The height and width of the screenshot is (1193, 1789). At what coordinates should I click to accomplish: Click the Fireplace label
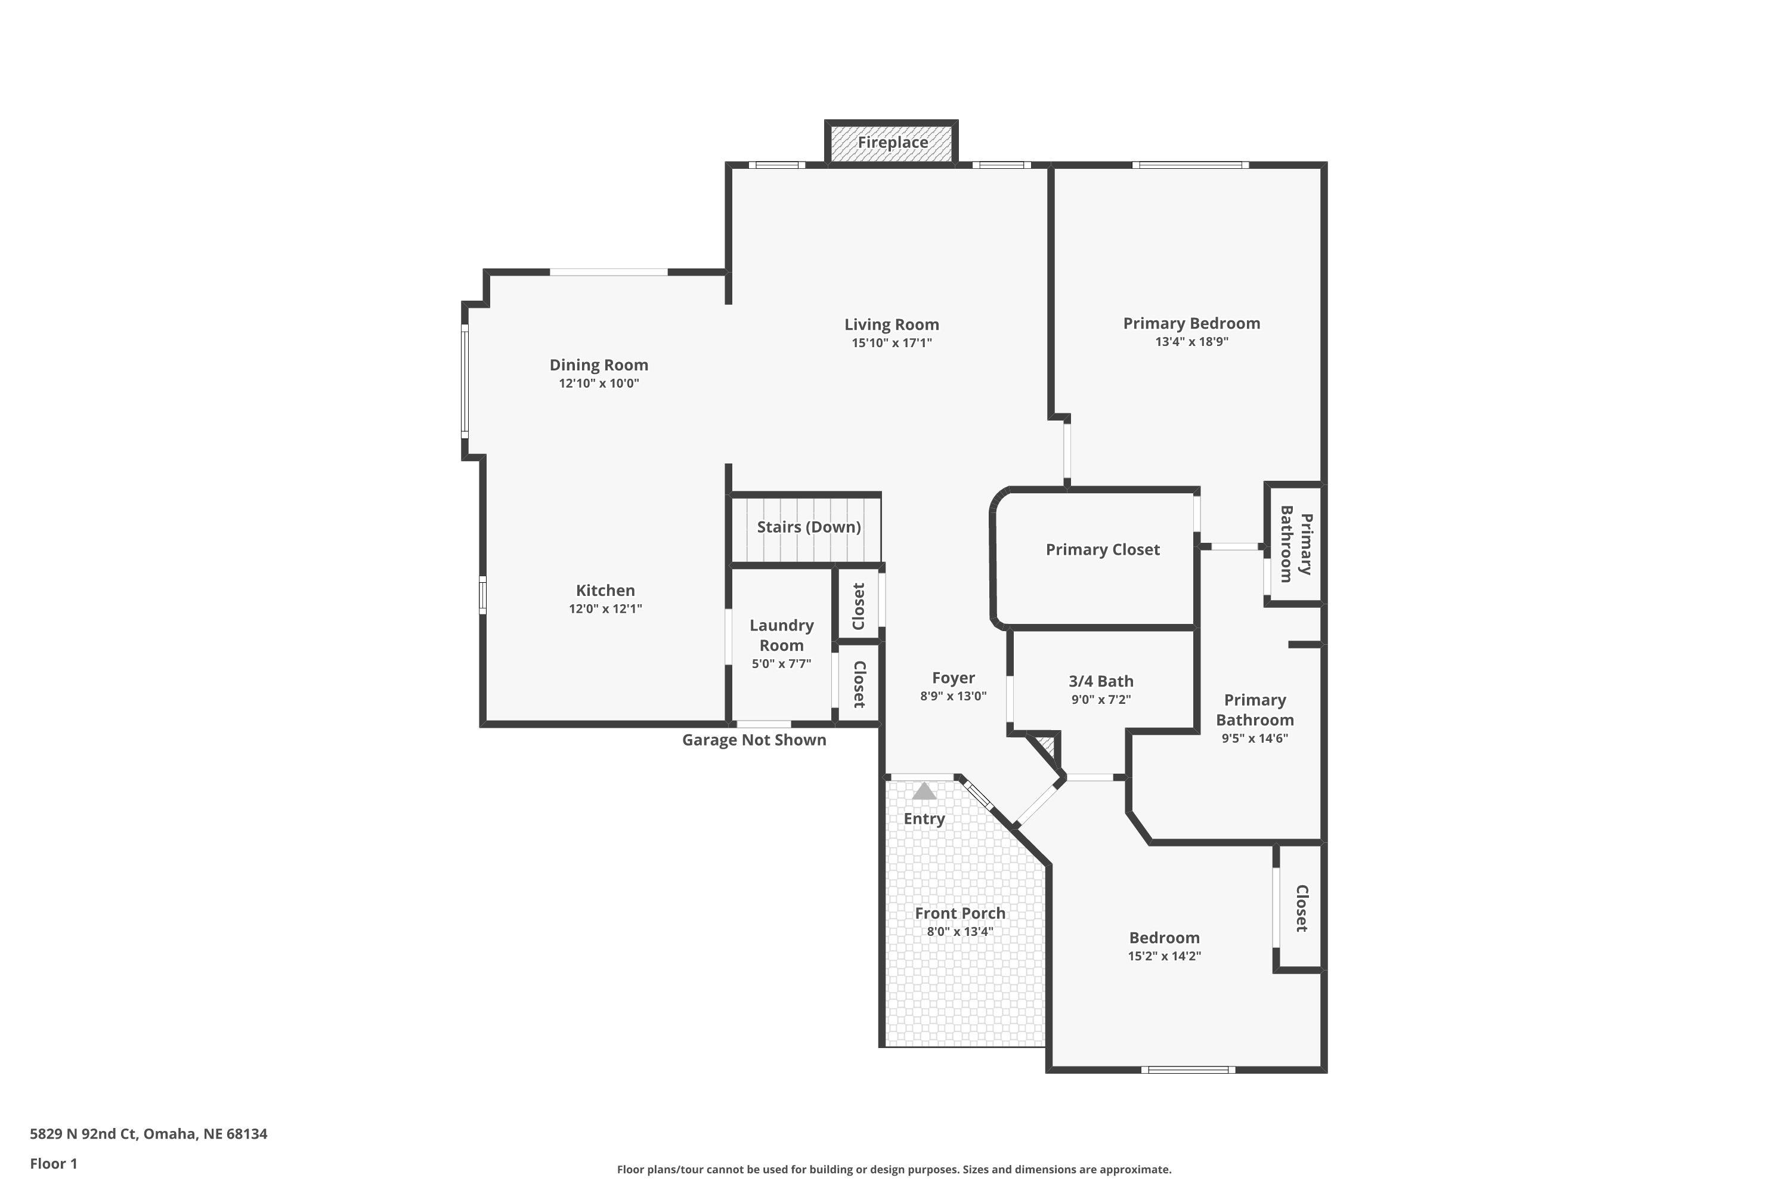coord(892,143)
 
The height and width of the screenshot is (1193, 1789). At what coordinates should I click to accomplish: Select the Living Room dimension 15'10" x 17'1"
coord(892,343)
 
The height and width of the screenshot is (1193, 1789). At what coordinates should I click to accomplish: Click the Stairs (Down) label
coord(809,527)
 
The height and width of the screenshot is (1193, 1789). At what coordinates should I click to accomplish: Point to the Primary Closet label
coord(1102,549)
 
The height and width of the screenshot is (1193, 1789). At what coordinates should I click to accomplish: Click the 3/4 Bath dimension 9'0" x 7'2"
coord(1101,700)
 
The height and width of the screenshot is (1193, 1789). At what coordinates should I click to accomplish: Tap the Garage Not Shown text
coord(754,740)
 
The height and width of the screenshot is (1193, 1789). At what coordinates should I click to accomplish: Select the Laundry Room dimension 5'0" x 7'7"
coord(781,663)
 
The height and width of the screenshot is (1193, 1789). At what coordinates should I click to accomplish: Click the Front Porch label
coord(960,913)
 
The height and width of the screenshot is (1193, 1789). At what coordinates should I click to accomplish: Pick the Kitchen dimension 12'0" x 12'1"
coord(605,608)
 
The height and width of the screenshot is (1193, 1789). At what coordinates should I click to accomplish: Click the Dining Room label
coord(599,364)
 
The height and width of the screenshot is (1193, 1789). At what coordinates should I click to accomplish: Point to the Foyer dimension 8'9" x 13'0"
coord(953,696)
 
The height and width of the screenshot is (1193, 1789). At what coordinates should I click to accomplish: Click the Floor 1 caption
coord(53,1163)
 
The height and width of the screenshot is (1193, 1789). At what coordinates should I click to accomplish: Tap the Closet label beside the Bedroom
coord(1301,908)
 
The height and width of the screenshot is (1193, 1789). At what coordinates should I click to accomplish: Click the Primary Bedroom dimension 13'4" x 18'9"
coord(1191,342)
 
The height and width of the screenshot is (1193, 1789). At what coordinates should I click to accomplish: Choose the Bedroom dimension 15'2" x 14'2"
coord(1164,956)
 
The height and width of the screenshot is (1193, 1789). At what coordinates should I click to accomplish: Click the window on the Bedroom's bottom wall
coord(1187,1070)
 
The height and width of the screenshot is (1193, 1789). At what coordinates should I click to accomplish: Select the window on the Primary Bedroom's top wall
coord(1190,165)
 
